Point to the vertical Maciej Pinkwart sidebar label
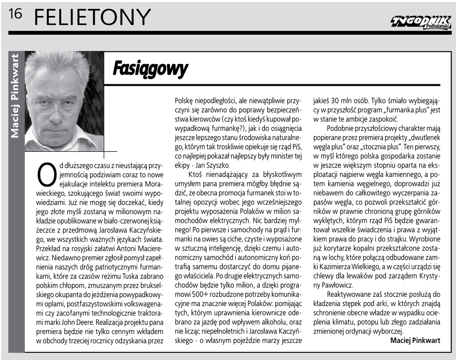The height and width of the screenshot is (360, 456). tap(15, 96)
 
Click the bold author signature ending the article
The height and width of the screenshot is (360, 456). tap(415, 340)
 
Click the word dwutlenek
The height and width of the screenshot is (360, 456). tap(424, 137)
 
